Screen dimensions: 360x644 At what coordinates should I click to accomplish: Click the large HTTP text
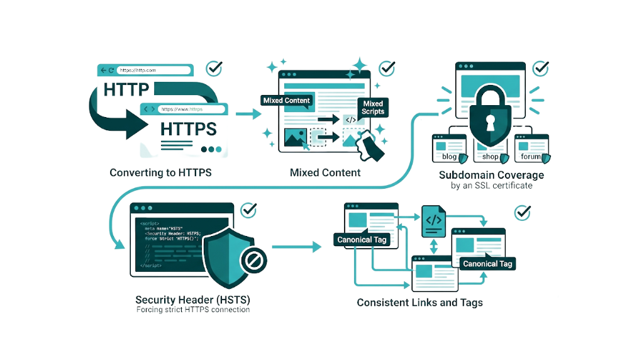pyautogui.click(x=126, y=89)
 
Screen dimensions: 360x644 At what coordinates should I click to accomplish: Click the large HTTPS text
pyautogui.click(x=188, y=129)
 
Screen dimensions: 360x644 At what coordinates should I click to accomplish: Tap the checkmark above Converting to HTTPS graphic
pyautogui.click(x=214, y=68)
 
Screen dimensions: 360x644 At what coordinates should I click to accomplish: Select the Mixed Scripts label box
pyautogui.click(x=372, y=108)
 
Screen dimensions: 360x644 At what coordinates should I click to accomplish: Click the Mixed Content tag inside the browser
pyautogui.click(x=286, y=101)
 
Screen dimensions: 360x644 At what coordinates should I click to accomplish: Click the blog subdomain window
pyautogui.click(x=449, y=149)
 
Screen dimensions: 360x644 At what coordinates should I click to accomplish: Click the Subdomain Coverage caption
pyautogui.click(x=491, y=175)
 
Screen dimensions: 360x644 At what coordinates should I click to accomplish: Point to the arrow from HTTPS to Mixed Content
pyautogui.click(x=248, y=114)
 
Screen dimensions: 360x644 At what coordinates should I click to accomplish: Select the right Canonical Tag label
pyautogui.click(x=487, y=264)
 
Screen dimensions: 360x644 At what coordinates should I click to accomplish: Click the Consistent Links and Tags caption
pyautogui.click(x=419, y=303)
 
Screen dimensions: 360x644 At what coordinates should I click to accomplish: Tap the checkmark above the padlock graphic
pyautogui.click(x=541, y=68)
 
